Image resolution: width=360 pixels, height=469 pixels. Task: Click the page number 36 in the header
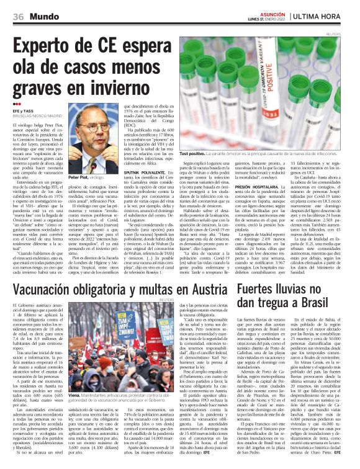(19, 16)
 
